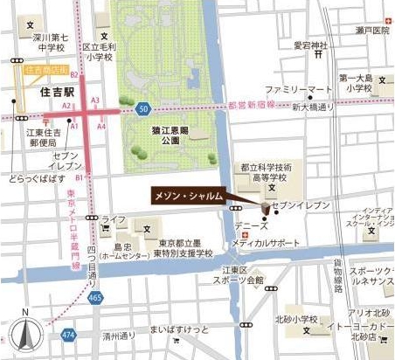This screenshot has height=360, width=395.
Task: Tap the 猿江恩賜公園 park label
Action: [x=163, y=134]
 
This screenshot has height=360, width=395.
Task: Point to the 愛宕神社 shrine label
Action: [x=310, y=45]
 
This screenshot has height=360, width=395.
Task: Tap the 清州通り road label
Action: [x=118, y=331]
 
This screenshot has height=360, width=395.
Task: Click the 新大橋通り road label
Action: [x=314, y=107]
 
